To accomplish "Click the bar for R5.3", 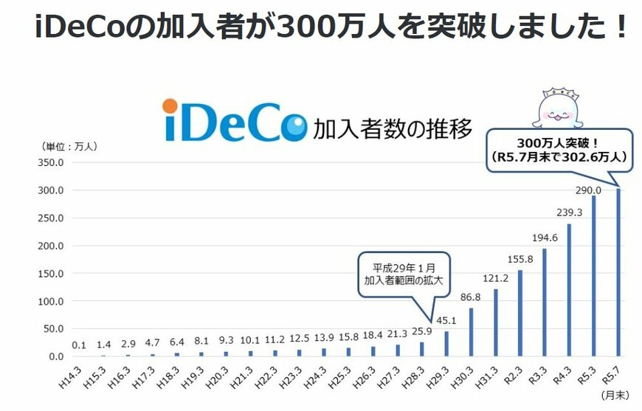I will tap(593, 276).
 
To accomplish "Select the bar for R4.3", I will tap(569, 290).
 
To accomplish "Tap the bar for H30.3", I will tap(471, 332).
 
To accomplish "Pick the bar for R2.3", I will tap(520, 313).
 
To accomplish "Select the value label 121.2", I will tap(495, 278).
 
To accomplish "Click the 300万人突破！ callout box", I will tap(559, 150).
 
